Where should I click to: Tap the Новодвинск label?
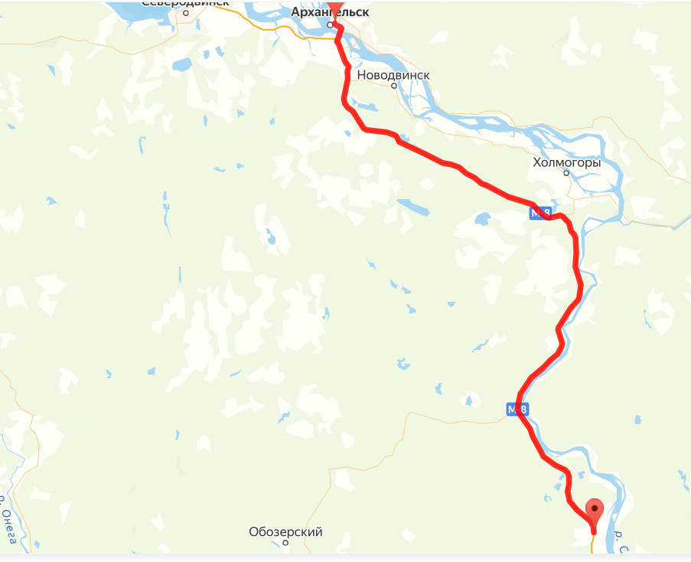coord(393,75)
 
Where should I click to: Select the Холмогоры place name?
coord(566,163)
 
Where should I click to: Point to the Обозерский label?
coord(285,531)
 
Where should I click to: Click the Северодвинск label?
coord(186,3)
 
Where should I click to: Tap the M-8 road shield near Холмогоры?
coord(540,214)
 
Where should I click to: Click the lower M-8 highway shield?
coord(517,410)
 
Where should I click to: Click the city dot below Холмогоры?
coord(566,173)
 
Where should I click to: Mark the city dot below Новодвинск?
coord(394,86)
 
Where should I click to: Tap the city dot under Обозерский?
coord(285,543)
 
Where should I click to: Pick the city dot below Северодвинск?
coord(186,13)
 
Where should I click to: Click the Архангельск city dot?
coord(331,25)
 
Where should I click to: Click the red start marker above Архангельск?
coord(335,5)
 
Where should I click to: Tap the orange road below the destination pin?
coord(592,543)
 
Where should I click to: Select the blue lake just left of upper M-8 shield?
coord(482,220)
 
